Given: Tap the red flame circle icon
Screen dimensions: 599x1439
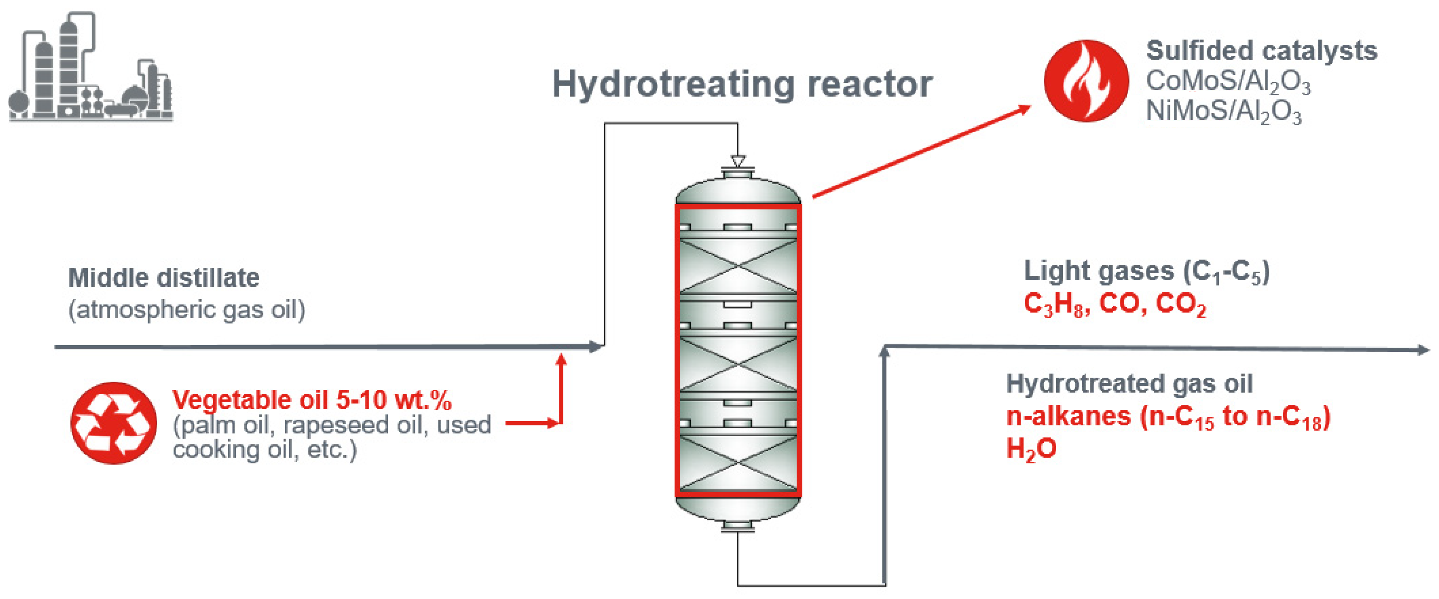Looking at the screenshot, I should pyautogui.click(x=1086, y=81).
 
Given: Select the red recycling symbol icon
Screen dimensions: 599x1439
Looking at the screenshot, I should pyautogui.click(x=114, y=423).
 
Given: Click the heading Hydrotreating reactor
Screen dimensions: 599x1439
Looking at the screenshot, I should pyautogui.click(x=742, y=85).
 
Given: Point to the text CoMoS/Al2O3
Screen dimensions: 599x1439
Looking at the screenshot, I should pyautogui.click(x=1228, y=82).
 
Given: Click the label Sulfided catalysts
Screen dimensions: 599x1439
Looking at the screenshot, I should pyautogui.click(x=1262, y=51).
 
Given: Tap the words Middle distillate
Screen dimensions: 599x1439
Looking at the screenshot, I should pyautogui.click(x=164, y=278).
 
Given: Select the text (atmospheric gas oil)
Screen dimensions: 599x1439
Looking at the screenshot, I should pyautogui.click(x=187, y=310).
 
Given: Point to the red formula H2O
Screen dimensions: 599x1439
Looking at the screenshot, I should pyautogui.click(x=1031, y=449).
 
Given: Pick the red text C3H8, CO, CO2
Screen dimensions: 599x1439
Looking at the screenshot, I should pyautogui.click(x=1114, y=305).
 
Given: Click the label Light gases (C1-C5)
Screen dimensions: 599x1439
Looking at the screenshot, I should pyautogui.click(x=1146, y=272).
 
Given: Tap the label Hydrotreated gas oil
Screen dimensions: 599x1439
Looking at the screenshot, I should pyautogui.click(x=1129, y=384).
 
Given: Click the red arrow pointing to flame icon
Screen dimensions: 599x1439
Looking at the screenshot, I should pyautogui.click(x=922, y=151).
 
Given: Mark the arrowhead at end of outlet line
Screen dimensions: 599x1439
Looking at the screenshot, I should pyautogui.click(x=1424, y=350).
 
